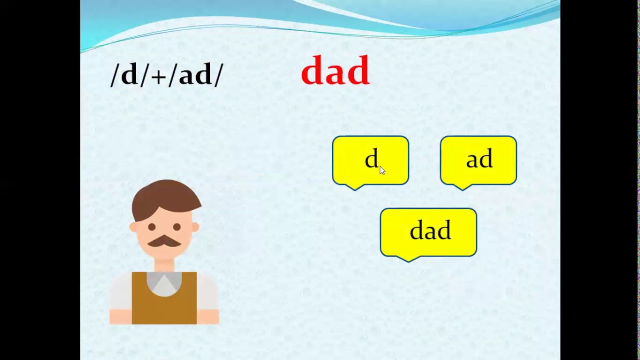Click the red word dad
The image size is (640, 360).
335,71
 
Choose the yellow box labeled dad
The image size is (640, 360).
428,231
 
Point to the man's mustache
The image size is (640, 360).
164,241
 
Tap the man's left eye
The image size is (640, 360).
152,227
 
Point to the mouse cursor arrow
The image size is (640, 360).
382,170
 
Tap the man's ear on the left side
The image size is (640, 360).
133,227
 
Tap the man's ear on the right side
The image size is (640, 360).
195,227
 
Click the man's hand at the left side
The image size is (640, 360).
120,316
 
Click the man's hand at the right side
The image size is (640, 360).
208,316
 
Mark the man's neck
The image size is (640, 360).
164,265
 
